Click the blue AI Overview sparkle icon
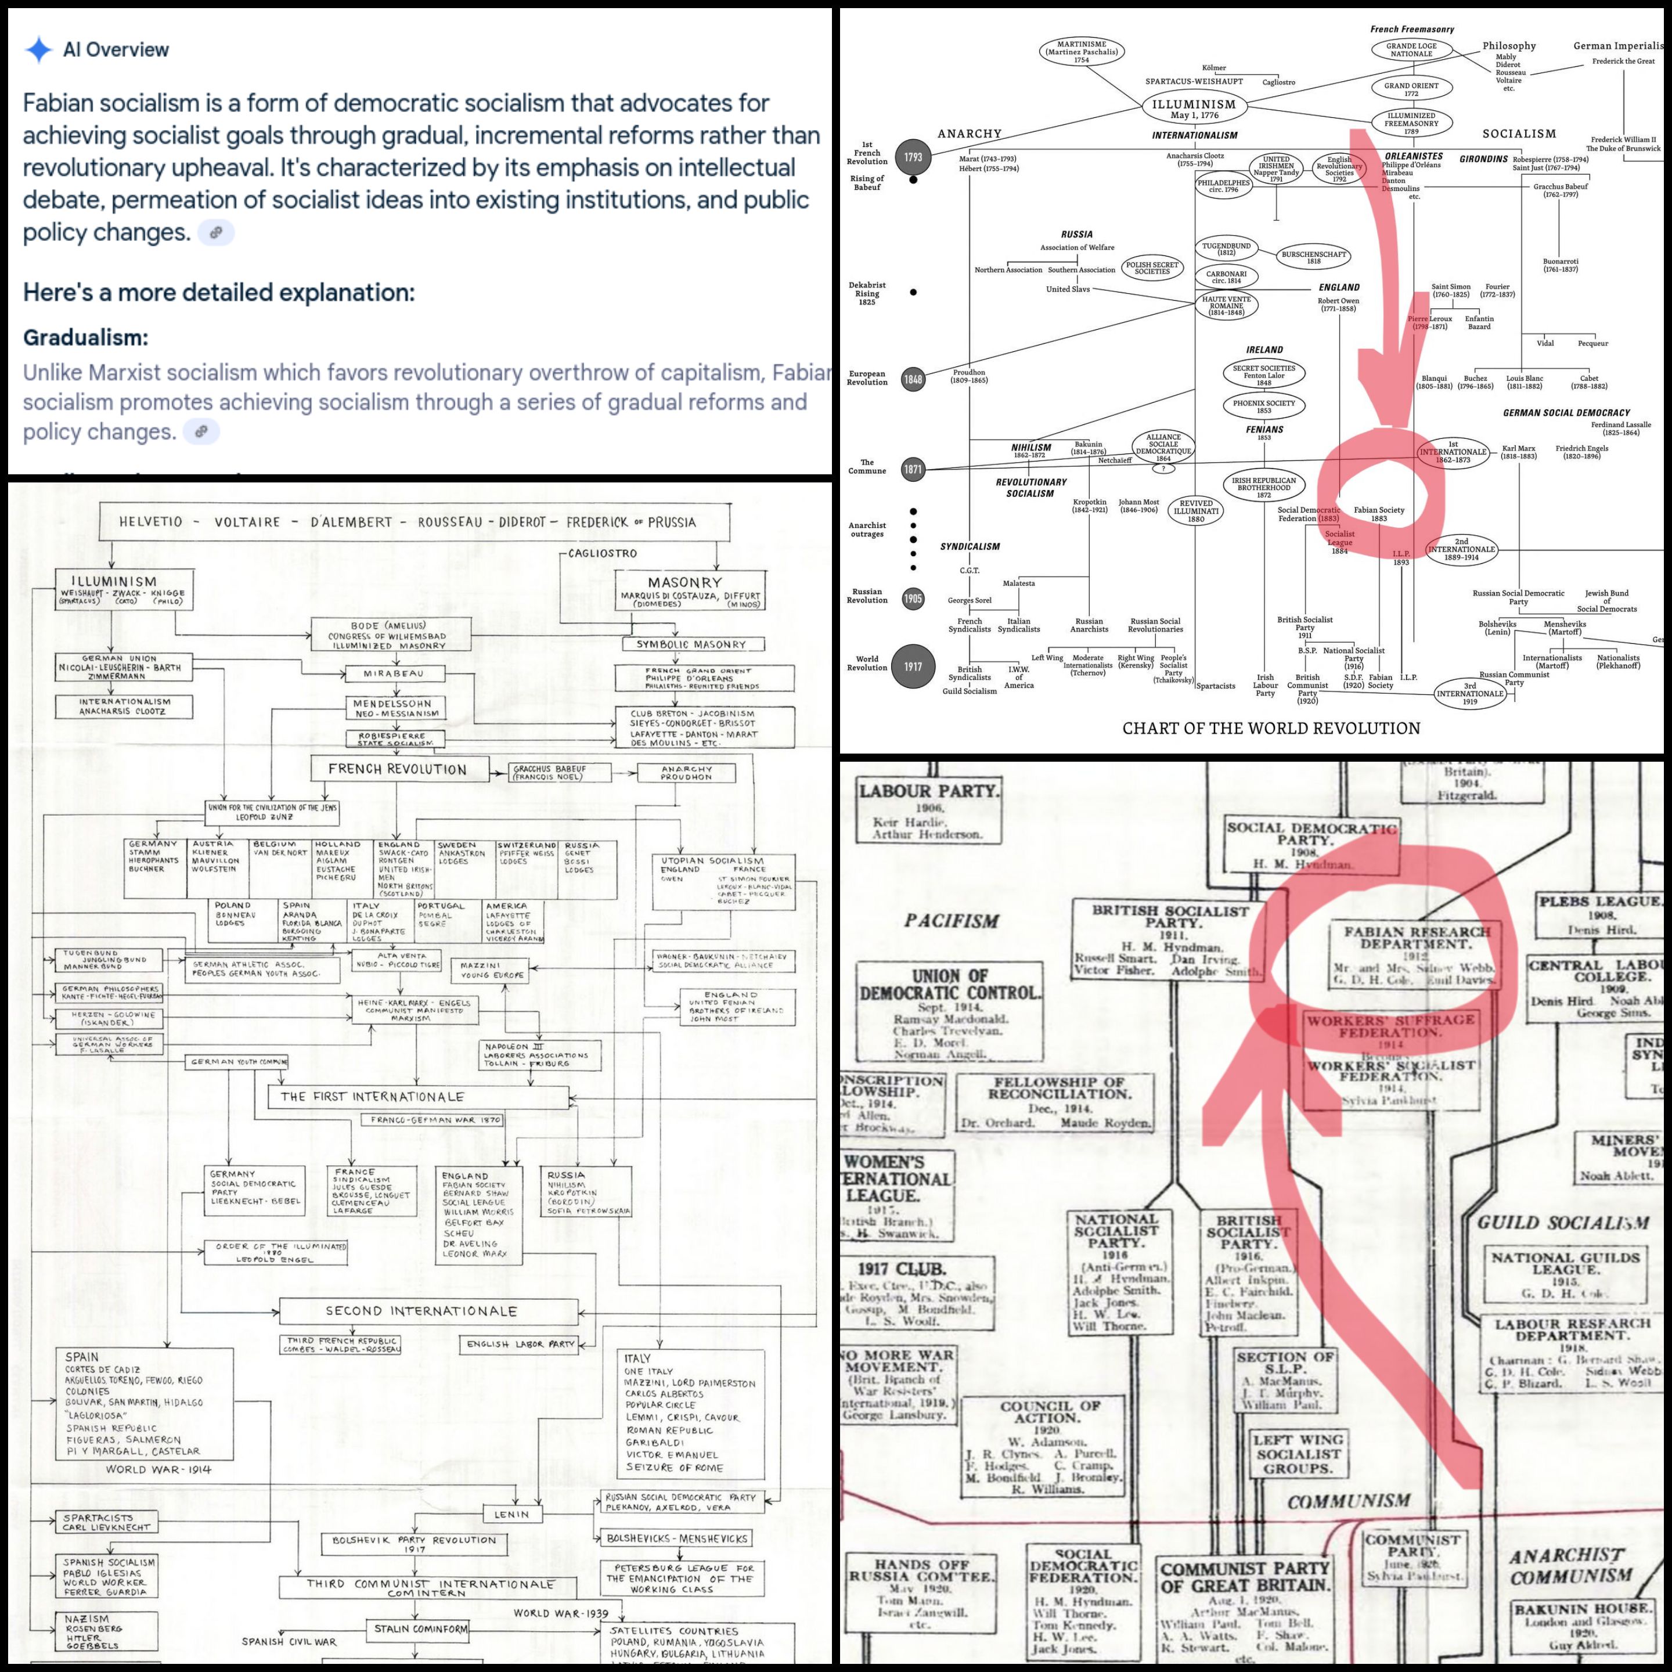39,49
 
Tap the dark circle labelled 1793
913,157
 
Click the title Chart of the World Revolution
1270,728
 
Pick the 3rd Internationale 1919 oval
1469,693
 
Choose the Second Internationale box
421,1311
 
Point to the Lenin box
511,1514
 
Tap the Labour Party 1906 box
928,810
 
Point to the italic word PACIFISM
952,921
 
